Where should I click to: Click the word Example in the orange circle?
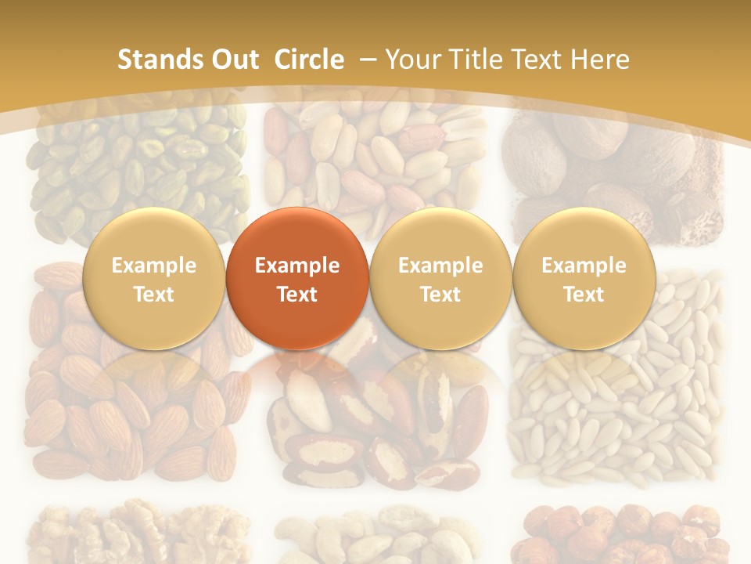[297, 266]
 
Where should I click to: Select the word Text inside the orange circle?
[297, 295]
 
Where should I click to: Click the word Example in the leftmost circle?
[154, 266]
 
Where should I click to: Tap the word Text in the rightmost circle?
[584, 295]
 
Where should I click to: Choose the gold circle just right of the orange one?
[440, 278]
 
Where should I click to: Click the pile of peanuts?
[375, 157]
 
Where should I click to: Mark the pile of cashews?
[375, 537]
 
